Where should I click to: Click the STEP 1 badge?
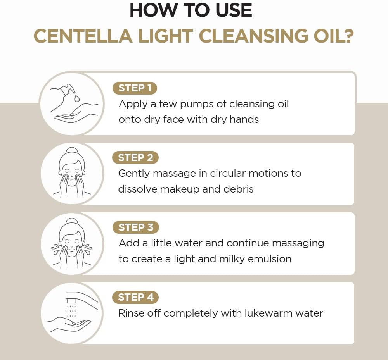(x=135, y=88)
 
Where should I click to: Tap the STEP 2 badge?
(x=135, y=158)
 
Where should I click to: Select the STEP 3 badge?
(x=135, y=227)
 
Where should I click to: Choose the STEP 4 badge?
(x=135, y=297)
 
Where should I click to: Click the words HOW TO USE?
(x=191, y=10)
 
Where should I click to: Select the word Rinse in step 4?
(x=131, y=313)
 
